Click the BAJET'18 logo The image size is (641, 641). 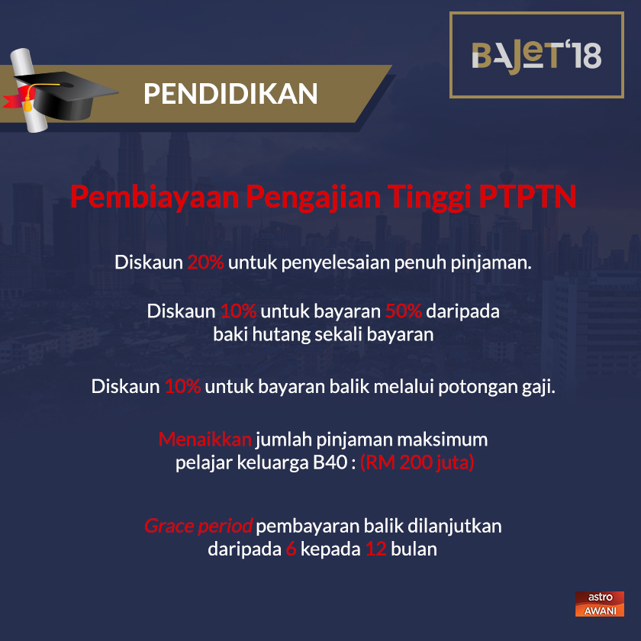pos(536,55)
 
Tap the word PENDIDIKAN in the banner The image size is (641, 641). pos(230,93)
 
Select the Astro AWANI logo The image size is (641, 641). pos(599,604)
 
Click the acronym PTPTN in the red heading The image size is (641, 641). pos(527,197)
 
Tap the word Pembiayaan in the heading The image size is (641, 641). pos(154,197)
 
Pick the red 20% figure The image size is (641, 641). pos(205,263)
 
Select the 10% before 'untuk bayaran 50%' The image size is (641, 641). pos(238,312)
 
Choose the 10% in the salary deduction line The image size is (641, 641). pos(182,386)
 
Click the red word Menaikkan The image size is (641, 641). pos(205,440)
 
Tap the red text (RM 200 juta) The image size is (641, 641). pos(417,462)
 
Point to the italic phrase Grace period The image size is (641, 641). pos(198,527)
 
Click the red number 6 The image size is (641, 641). pos(291,549)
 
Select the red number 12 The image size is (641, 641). pos(375,549)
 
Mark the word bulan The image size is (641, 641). pos(414,549)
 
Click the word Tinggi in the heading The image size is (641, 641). pos(427,197)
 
